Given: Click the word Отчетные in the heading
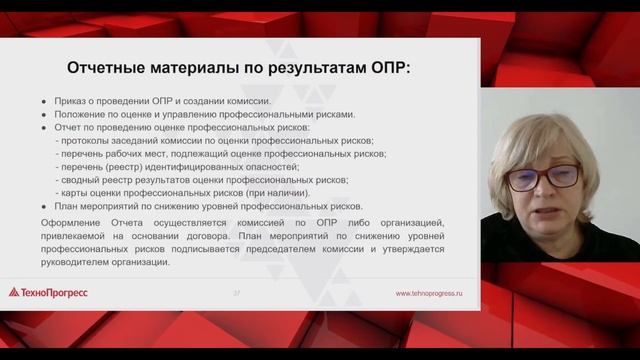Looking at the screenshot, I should pyautogui.click(x=103, y=68).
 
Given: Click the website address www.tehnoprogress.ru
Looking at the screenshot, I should pyautogui.click(x=429, y=294).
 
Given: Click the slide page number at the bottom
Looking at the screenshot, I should pyautogui.click(x=236, y=294).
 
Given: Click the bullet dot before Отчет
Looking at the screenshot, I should pyautogui.click(x=44, y=128).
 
